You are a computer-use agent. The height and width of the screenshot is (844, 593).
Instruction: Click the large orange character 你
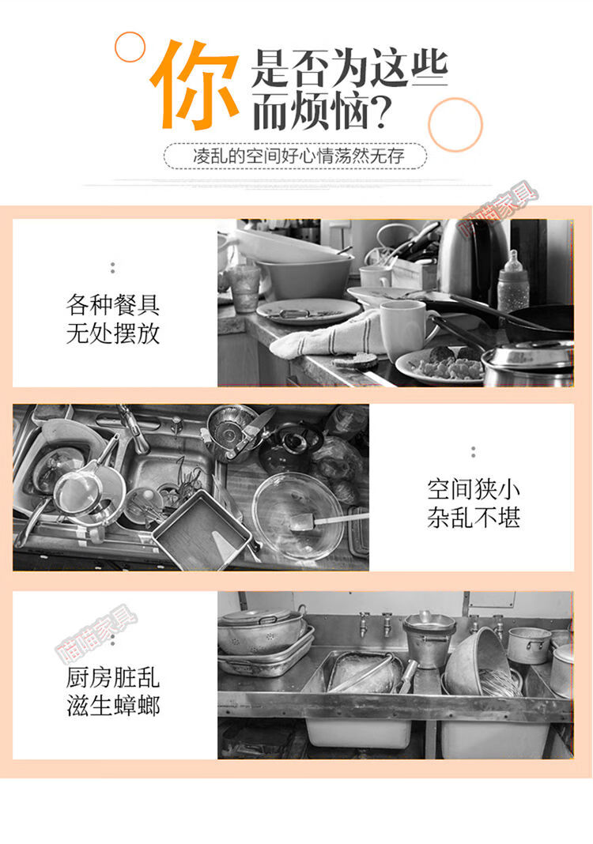[x=195, y=85]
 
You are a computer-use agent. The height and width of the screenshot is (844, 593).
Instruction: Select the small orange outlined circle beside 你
[x=130, y=47]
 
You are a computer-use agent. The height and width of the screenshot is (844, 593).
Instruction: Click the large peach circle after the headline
[x=455, y=124]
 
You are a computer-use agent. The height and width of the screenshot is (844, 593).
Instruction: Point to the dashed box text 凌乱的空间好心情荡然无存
[x=298, y=156]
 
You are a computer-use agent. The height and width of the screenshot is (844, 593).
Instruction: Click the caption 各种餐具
[x=112, y=305]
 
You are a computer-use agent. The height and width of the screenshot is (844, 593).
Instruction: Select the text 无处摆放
[x=112, y=333]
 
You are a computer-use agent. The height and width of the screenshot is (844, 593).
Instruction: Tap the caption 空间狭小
[x=474, y=489]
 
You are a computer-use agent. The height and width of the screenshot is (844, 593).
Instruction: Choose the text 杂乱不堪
[x=474, y=518]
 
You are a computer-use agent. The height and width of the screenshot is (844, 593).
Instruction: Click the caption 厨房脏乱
[x=112, y=677]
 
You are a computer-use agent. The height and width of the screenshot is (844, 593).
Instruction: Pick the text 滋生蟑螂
[x=112, y=706]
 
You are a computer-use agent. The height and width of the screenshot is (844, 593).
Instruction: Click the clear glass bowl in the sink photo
[x=298, y=516]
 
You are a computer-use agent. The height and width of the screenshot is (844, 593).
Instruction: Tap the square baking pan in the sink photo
[x=202, y=531]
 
